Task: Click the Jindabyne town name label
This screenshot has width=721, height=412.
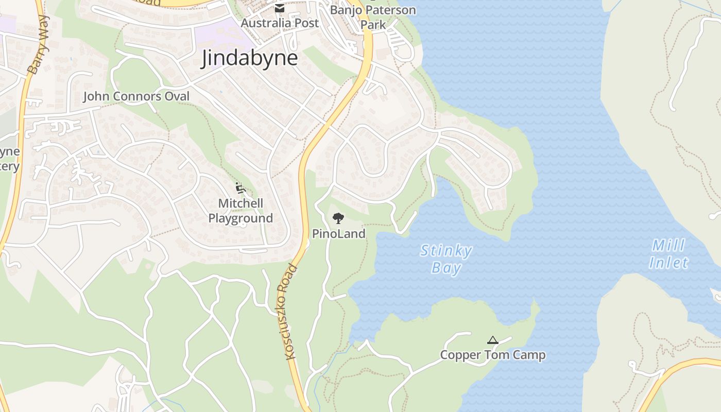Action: pos(249,58)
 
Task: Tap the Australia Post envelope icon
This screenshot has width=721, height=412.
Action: pos(279,8)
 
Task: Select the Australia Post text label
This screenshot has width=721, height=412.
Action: pos(280,23)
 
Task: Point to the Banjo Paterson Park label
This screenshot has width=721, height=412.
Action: pos(373,17)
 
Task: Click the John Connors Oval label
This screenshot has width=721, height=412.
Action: pos(136,96)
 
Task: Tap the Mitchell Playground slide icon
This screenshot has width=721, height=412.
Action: pos(240,188)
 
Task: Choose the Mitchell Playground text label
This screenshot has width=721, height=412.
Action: pos(241,211)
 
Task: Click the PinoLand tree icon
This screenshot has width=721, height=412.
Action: pos(338,218)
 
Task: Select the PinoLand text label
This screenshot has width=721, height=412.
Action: pos(338,234)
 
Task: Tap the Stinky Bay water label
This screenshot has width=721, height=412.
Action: pos(446,259)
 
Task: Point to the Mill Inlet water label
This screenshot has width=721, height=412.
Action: pos(669,254)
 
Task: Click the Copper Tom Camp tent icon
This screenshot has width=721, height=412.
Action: pos(493,340)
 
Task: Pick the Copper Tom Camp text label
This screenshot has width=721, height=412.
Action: pos(492,355)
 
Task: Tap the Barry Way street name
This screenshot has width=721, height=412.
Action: pos(39,44)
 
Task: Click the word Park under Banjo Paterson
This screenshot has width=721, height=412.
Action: pos(373,24)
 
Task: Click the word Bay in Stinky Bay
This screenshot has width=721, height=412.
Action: pos(446,268)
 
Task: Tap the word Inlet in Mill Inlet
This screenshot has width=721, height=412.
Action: pos(668,263)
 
